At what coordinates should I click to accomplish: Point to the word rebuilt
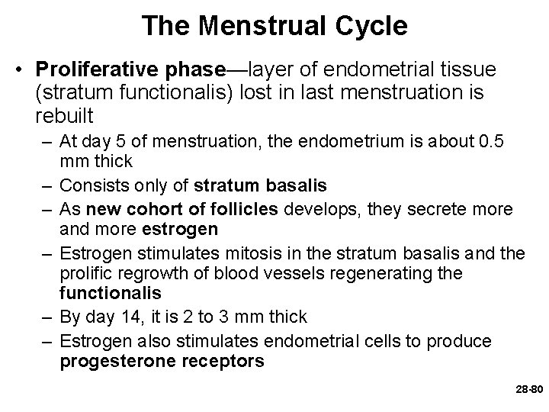click(x=65, y=116)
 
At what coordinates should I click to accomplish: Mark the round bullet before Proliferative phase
click(x=24, y=71)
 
